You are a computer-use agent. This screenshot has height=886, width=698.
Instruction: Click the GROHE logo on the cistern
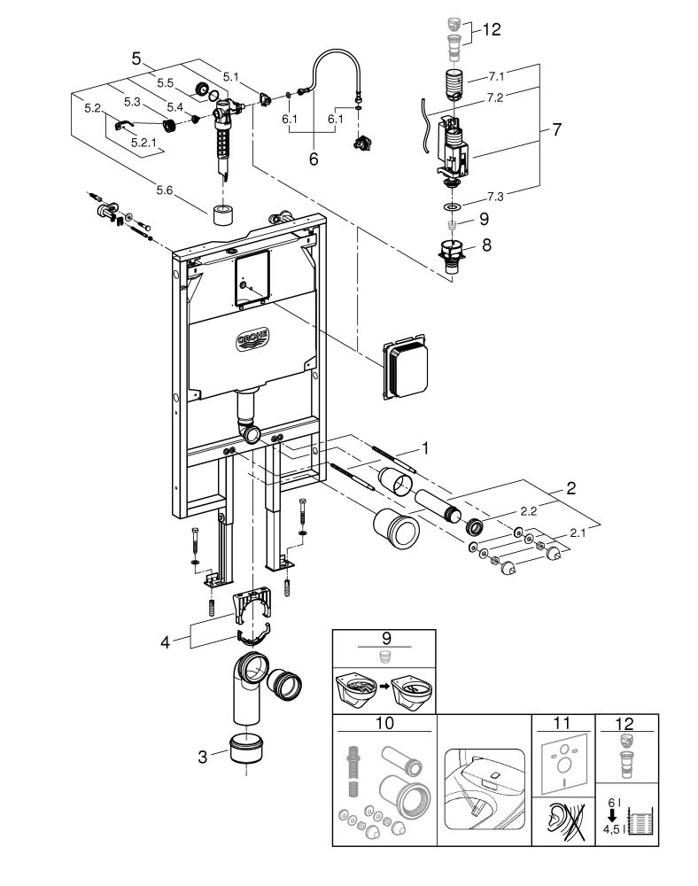(x=252, y=339)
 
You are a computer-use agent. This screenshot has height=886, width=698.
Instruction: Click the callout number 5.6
(x=165, y=190)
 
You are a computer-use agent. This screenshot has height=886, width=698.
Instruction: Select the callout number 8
(x=486, y=245)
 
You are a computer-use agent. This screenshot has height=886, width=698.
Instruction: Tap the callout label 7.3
(x=495, y=196)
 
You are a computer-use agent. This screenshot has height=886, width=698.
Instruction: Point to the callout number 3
(x=202, y=757)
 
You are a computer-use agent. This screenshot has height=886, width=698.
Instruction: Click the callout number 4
(x=165, y=642)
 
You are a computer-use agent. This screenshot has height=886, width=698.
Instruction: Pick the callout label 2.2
(x=529, y=511)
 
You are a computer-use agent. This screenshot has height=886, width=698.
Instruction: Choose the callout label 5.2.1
(x=143, y=143)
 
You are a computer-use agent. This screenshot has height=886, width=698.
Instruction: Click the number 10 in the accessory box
(x=384, y=723)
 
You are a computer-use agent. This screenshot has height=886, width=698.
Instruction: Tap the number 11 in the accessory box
(x=562, y=723)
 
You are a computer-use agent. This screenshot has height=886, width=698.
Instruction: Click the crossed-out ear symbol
(x=563, y=820)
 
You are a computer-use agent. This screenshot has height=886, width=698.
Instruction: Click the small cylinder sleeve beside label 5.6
(x=224, y=214)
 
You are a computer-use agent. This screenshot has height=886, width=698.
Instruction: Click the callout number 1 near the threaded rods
(x=425, y=448)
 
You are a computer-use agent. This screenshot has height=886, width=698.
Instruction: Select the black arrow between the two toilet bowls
(x=384, y=687)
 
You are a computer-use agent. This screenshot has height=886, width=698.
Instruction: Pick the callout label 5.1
(x=230, y=76)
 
